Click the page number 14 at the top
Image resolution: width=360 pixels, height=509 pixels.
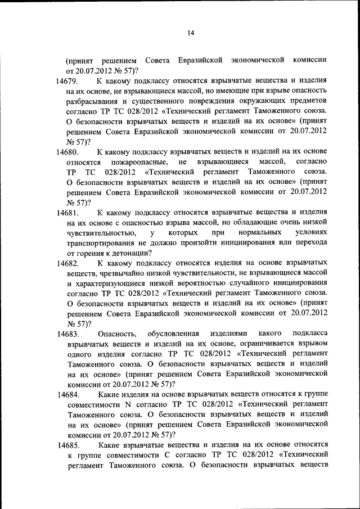click(191, 34)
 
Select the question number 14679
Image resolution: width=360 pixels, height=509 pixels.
click(68, 82)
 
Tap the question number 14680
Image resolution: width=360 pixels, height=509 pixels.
click(68, 152)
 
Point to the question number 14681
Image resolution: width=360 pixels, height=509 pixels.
click(68, 213)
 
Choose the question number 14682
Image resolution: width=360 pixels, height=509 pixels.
click(68, 263)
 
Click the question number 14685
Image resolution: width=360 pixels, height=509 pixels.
click(68, 445)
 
